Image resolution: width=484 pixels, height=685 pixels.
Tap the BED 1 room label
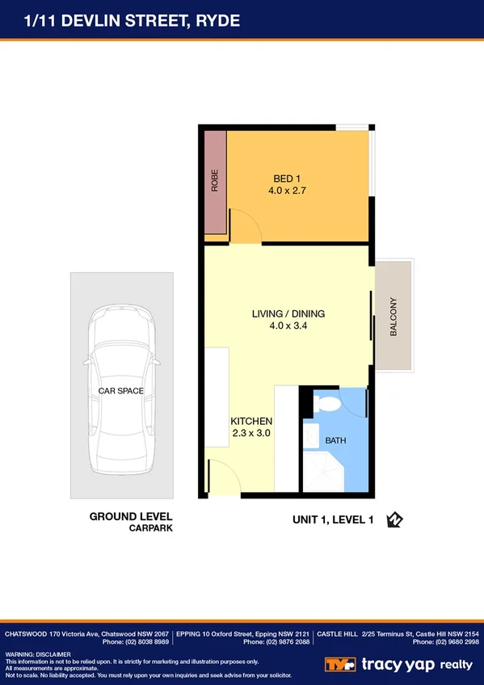click(288, 179)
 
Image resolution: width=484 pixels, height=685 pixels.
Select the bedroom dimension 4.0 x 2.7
click(288, 191)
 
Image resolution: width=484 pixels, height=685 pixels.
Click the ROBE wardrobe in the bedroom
click(215, 183)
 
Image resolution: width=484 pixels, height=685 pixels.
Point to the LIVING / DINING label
click(288, 313)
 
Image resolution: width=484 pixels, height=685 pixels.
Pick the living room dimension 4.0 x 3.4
click(288, 326)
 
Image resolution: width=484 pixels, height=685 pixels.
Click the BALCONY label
click(394, 317)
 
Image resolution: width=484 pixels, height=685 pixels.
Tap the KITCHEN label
click(251, 421)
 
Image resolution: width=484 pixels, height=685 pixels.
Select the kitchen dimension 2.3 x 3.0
click(251, 434)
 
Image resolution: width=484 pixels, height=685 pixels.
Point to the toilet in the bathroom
click(328, 404)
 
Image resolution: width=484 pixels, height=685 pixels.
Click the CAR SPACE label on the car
click(121, 391)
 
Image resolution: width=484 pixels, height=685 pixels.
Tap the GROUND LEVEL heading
click(131, 516)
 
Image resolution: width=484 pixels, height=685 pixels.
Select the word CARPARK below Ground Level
click(150, 528)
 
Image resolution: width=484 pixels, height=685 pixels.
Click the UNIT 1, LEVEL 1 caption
click(332, 521)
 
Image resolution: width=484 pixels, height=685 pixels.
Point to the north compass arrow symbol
click(394, 520)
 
